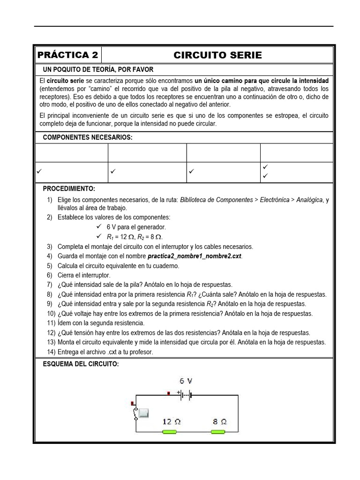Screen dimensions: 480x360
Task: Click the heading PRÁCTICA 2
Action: (68, 55)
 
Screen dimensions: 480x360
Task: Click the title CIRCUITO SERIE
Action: (217, 55)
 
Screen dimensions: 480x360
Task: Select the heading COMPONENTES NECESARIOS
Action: (88, 137)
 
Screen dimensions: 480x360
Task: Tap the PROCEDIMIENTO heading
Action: (69, 188)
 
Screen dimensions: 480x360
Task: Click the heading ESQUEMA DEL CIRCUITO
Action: (81, 364)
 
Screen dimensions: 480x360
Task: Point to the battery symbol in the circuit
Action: (185, 395)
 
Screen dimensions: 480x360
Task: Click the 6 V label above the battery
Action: (185, 381)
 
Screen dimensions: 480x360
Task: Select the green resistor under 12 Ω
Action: (169, 431)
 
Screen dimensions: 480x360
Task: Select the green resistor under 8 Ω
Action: (218, 431)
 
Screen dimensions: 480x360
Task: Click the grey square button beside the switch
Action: (143, 413)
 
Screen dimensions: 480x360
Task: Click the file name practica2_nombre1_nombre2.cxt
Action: (195, 256)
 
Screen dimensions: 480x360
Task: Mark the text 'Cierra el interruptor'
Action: (84, 275)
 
